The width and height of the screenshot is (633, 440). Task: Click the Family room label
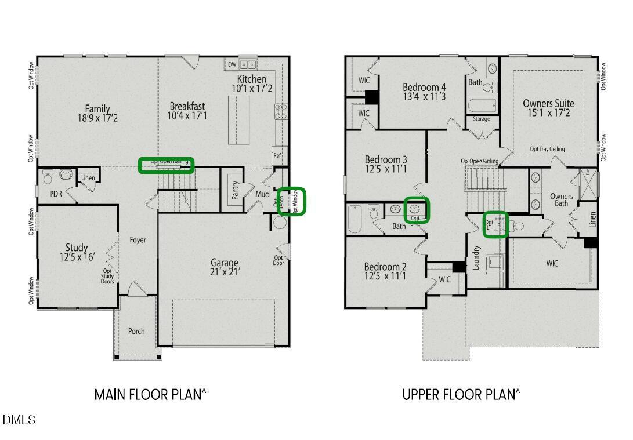pyautogui.click(x=97, y=113)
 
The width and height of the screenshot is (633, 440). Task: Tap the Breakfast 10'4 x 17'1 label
pyautogui.click(x=187, y=111)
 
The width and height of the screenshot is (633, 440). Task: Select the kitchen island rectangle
pyautogui.click(x=238, y=120)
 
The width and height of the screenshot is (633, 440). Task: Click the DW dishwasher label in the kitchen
pyautogui.click(x=232, y=64)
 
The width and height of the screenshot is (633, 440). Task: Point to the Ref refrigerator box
pyautogui.click(x=277, y=155)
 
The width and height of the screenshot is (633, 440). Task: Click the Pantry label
pyautogui.click(x=235, y=190)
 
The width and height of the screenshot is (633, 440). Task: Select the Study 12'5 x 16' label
pyautogui.click(x=77, y=252)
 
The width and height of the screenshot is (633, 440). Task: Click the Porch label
pyautogui.click(x=136, y=332)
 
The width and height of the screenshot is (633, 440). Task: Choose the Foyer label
pyautogui.click(x=138, y=240)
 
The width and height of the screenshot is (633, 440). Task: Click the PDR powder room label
pyautogui.click(x=56, y=193)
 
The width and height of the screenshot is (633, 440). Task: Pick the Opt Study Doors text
pyautogui.click(x=108, y=276)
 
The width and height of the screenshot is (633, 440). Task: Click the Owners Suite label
pyautogui.click(x=548, y=108)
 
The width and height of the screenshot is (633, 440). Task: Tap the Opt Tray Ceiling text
pyautogui.click(x=547, y=149)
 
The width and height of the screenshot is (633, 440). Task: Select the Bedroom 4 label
pyautogui.click(x=424, y=92)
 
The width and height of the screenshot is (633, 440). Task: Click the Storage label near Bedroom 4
pyautogui.click(x=482, y=119)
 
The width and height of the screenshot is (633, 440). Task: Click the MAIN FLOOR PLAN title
pyautogui.click(x=150, y=395)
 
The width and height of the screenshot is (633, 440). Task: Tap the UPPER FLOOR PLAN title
pyautogui.click(x=461, y=395)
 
